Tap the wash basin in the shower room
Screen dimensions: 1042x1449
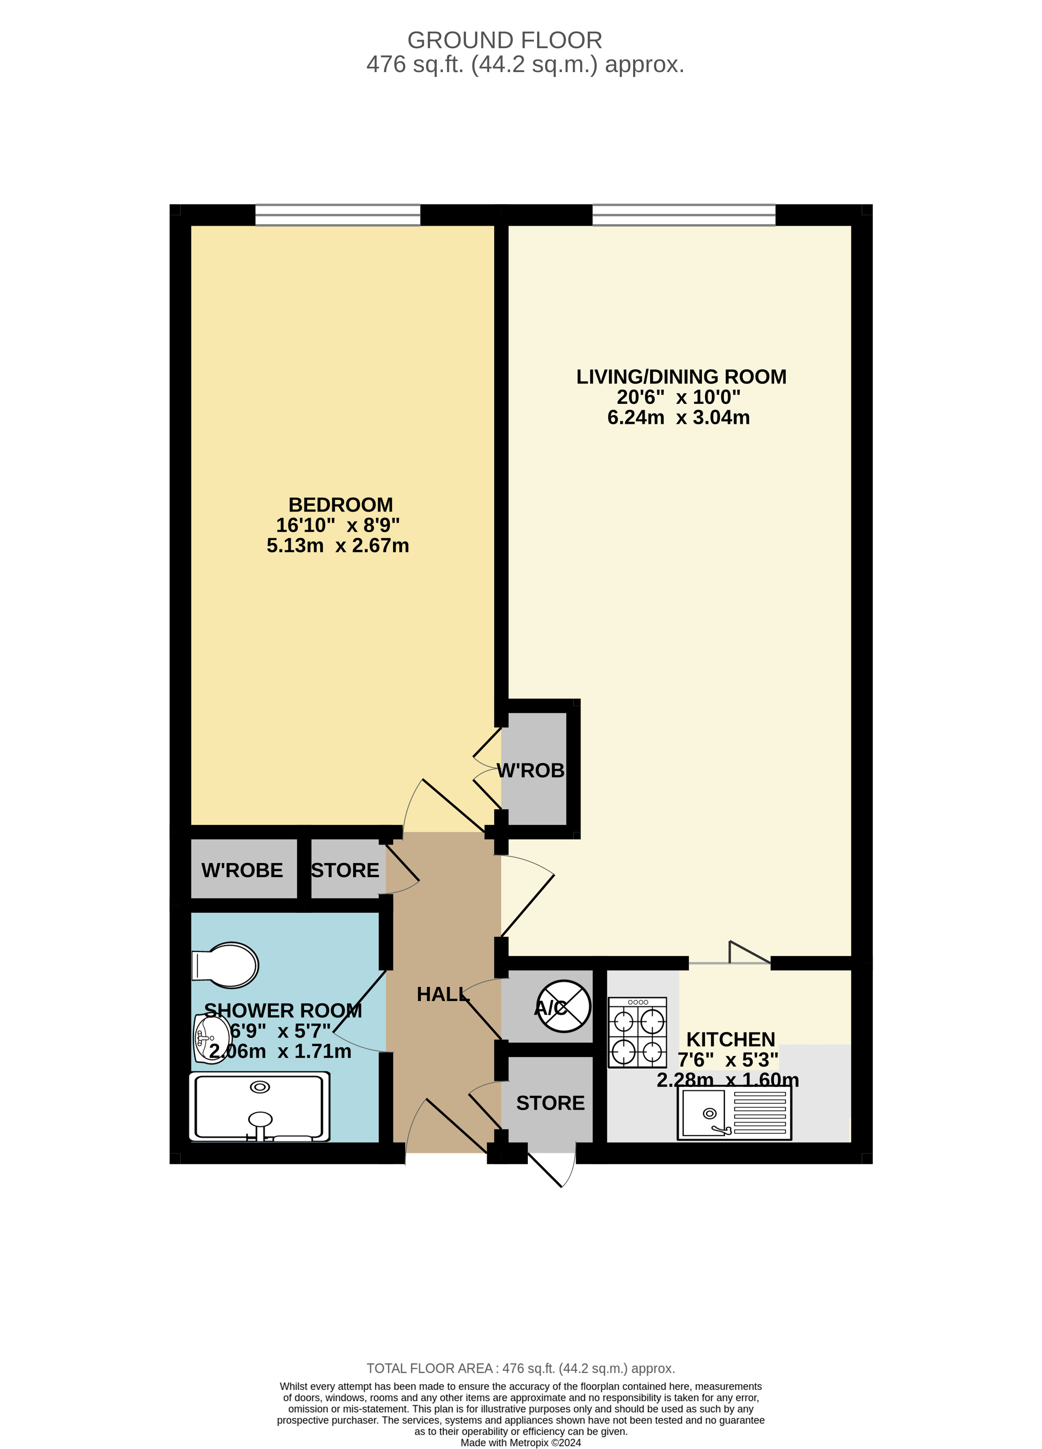211,1038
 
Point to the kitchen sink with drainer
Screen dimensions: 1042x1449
734,1112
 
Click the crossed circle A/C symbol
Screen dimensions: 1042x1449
564,1007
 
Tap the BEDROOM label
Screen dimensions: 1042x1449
340,505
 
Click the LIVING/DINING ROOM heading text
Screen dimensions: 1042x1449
681,377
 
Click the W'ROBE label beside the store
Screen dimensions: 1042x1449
242,870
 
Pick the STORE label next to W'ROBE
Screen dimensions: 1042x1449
345,870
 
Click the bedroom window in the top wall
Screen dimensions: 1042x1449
338,215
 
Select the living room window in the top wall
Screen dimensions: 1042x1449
684,215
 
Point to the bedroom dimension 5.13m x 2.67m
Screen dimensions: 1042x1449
338,546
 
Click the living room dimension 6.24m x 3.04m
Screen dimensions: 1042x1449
679,417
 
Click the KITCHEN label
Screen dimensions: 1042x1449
730,1040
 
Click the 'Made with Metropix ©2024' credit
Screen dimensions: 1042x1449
521,1443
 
